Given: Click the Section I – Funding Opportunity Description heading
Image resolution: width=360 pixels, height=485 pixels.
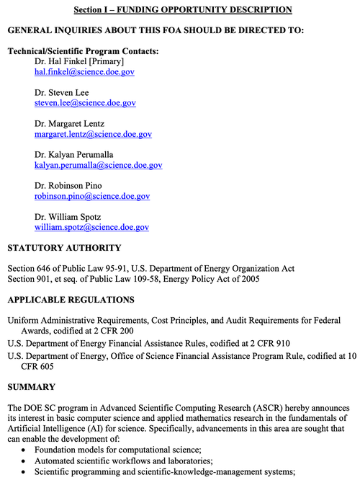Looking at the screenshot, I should point(183,9).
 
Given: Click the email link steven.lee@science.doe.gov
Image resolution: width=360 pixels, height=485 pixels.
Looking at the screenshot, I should point(85,103).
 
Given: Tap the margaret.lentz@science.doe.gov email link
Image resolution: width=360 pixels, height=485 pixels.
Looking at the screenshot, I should point(93,134).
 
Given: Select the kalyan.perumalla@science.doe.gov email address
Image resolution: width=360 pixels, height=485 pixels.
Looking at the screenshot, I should point(98,165).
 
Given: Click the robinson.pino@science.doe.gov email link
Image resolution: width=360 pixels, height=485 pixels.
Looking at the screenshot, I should point(92,196).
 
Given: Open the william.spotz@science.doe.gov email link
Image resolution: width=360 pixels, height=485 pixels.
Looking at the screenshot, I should point(91,227).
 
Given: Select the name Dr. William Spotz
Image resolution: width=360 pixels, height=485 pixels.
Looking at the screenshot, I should point(68,216).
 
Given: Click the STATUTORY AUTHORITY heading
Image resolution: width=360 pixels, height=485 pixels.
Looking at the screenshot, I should point(64,248).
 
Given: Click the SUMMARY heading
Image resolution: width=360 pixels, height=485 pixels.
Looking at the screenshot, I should point(31,387).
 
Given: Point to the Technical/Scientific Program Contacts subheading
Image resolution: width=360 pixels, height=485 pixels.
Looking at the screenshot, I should point(83,51).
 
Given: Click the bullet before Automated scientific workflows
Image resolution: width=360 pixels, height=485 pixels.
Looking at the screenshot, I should point(25,461).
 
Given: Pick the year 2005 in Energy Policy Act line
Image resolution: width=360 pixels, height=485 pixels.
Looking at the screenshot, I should point(248,279).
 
